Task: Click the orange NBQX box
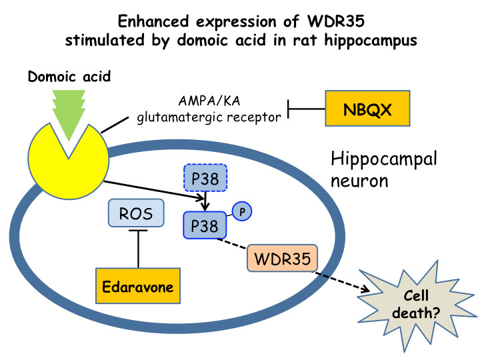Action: [x=366, y=109]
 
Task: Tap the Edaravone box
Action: [x=139, y=288]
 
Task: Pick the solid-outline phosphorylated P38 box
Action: [x=205, y=225]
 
